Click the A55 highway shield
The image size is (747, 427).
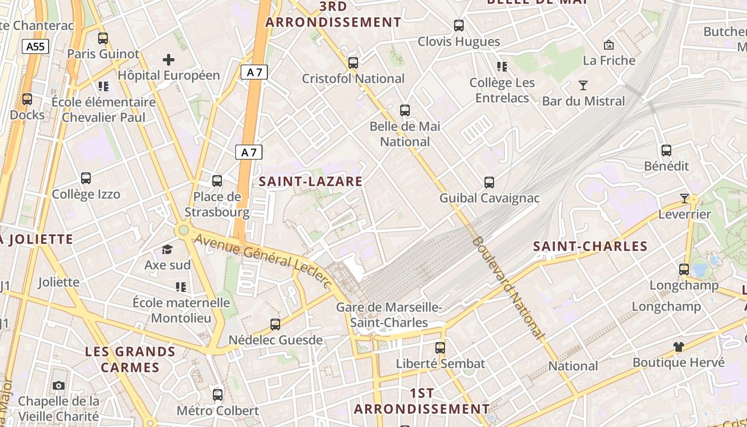point(36,46)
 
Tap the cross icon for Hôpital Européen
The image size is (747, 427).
point(169,60)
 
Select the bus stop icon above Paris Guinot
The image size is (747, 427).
point(103,38)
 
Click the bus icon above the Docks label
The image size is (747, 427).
point(27,99)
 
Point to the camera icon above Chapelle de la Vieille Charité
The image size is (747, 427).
point(59,385)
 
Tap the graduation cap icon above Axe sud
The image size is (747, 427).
point(168,249)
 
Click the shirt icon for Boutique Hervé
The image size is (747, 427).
point(678,347)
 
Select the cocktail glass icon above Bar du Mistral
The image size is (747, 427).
point(583,85)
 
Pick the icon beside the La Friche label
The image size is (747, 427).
point(608,45)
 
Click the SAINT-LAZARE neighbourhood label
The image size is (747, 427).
point(311,181)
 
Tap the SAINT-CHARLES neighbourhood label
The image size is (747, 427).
point(590,247)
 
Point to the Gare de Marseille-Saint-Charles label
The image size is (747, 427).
point(389,315)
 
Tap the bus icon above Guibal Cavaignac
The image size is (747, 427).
point(489,183)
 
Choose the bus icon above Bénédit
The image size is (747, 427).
point(666,151)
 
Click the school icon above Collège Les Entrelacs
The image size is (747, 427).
point(502,67)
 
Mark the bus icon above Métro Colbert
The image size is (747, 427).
point(218,395)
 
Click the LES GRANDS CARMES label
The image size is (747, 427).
point(130,359)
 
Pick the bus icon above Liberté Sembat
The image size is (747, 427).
point(440,348)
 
